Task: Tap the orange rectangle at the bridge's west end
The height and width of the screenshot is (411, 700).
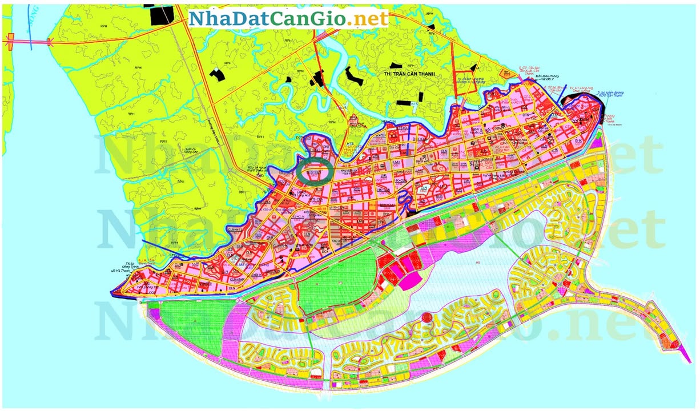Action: click(10, 40)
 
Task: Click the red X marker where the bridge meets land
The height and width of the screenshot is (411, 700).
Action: click(50, 41)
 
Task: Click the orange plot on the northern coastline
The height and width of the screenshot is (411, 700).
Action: click(505, 72)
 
